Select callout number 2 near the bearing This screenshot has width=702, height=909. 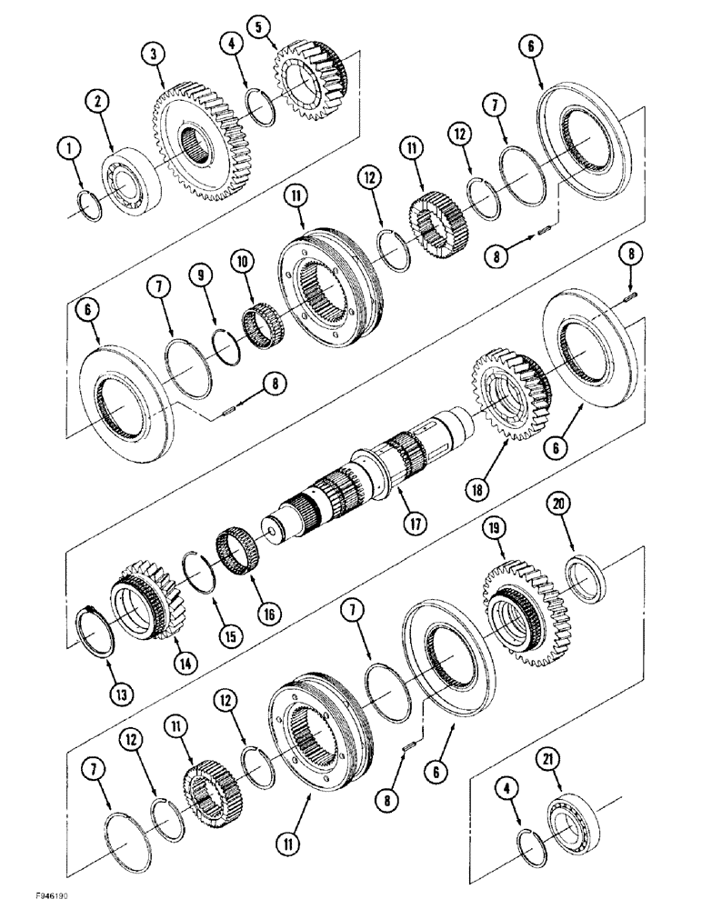(x=98, y=100)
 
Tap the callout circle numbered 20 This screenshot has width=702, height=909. (x=558, y=503)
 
